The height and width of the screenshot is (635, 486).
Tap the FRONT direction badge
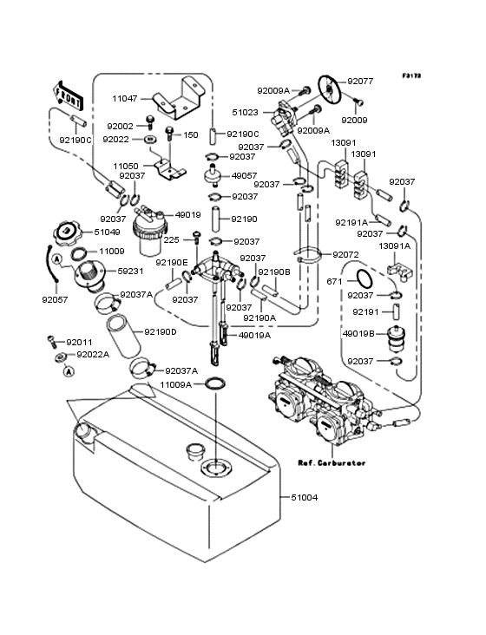point(69,90)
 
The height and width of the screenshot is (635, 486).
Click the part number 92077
point(360,82)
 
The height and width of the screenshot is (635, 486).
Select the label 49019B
point(358,333)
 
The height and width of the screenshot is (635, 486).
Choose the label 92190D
point(161,331)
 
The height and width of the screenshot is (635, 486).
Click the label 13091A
point(394,245)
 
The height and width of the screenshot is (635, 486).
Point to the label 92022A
point(93,354)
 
